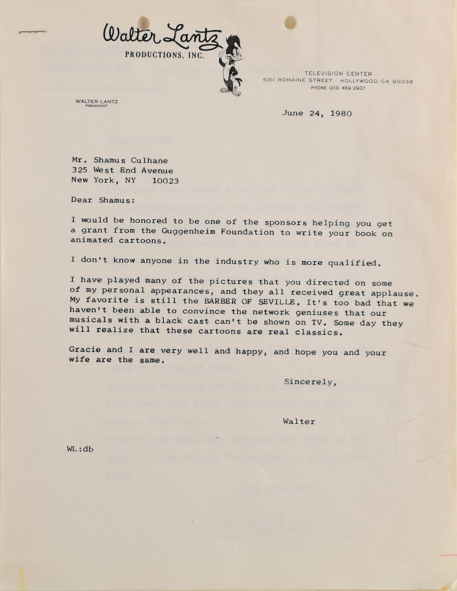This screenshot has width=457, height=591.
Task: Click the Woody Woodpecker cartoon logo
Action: (x=230, y=65)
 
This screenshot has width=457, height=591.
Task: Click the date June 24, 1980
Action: (x=317, y=113)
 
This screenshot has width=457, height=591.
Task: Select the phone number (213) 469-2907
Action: (x=338, y=87)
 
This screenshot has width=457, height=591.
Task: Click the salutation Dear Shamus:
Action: (x=99, y=200)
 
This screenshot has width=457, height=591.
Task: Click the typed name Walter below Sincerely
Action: (x=299, y=421)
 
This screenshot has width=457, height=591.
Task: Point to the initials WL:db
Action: (x=80, y=449)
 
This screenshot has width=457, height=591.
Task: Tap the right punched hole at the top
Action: (x=290, y=22)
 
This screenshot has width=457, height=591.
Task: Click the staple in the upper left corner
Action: (x=33, y=31)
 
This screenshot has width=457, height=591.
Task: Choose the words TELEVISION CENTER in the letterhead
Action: (x=338, y=73)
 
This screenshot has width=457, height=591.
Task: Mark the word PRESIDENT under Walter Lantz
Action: (x=96, y=106)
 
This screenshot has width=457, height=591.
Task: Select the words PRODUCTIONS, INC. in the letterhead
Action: (x=164, y=55)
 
